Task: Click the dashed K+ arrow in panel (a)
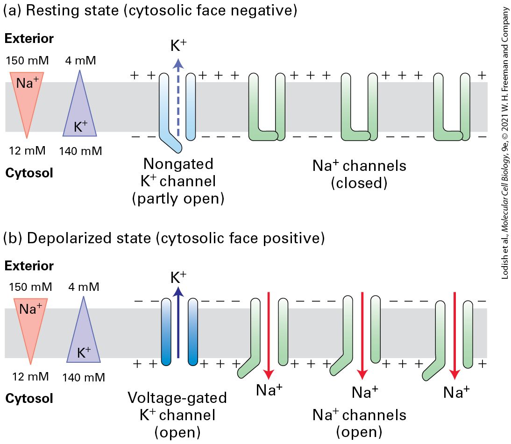[178, 97]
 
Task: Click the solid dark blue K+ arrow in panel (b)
[178, 323]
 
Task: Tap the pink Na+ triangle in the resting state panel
[27, 98]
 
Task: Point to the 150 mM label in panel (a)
[28, 60]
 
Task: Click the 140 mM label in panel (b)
[84, 377]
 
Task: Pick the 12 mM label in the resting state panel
[28, 150]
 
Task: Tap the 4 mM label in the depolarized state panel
[84, 287]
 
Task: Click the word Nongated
[178, 163]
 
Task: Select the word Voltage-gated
[177, 398]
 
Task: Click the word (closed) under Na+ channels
[359, 183]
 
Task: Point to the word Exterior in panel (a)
[29, 38]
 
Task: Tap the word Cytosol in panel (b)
[29, 398]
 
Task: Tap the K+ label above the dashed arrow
[178, 46]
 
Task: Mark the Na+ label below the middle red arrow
[365, 392]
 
